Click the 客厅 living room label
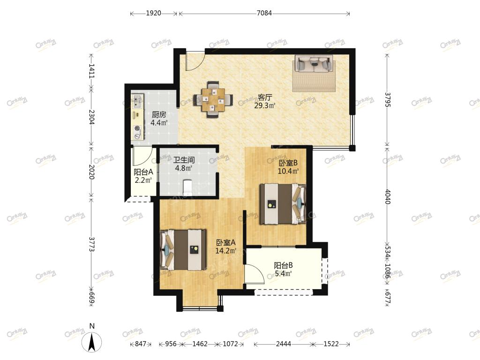pyautogui.click(x=265, y=97)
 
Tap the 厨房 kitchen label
pyautogui.click(x=159, y=115)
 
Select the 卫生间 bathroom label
pyautogui.click(x=184, y=160)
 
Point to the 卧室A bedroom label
pyautogui.click(x=226, y=243)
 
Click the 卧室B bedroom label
pyautogui.click(x=288, y=163)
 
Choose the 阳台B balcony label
pyautogui.click(x=283, y=265)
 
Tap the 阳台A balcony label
pyautogui.click(x=143, y=172)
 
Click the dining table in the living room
pyautogui.click(x=213, y=99)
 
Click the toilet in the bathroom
pyautogui.click(x=187, y=187)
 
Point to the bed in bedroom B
pyautogui.click(x=283, y=203)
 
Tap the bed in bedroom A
pyautogui.click(x=183, y=250)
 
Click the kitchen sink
pyautogui.click(x=137, y=101)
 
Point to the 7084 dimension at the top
pyautogui.click(x=264, y=13)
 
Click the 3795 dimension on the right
pyautogui.click(x=387, y=100)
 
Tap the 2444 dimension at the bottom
pyautogui.click(x=283, y=344)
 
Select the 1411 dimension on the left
pyautogui.click(x=91, y=71)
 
